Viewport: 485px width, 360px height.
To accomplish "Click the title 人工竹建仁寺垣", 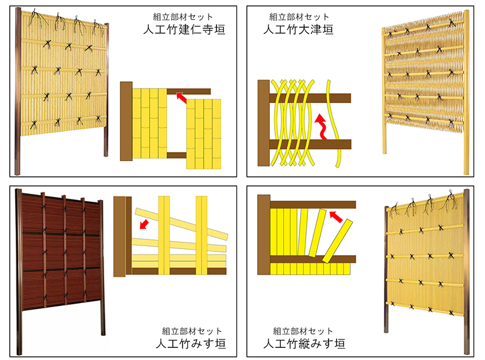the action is (x=184, y=30).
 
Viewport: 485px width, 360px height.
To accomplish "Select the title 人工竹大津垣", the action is (x=298, y=30).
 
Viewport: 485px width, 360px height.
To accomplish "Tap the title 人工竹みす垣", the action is (x=190, y=344).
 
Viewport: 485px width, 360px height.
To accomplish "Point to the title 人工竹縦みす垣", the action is (x=304, y=344).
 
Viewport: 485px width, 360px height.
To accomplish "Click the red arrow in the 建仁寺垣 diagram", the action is (x=181, y=98).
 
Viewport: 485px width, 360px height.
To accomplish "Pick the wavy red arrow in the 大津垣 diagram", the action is (x=321, y=127).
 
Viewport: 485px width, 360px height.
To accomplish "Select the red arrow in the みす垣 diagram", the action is (x=144, y=224).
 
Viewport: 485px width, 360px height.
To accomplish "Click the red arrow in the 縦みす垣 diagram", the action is (x=336, y=216).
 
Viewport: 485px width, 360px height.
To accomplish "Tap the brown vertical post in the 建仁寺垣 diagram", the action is (x=126, y=121).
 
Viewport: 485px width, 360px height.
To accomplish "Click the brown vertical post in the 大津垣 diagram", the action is (x=264, y=123).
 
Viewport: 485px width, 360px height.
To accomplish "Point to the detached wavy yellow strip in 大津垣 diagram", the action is (x=333, y=124).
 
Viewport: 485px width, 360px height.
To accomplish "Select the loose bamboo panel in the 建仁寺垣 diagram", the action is (x=204, y=134).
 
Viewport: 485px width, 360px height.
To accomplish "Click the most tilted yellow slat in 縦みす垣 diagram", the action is (x=338, y=241).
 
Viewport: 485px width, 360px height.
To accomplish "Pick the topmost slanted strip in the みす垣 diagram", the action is (x=181, y=224).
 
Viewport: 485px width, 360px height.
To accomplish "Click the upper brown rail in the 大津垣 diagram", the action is (x=310, y=98).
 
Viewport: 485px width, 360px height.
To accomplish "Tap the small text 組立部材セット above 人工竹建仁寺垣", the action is (x=183, y=17).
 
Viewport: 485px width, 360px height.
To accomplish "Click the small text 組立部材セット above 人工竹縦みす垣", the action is (x=303, y=332).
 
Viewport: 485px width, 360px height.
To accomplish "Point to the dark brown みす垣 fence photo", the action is (x=61, y=272).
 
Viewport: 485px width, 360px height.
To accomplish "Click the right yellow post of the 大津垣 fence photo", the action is (x=466, y=92).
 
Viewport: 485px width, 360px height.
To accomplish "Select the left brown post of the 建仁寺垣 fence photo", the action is (x=18, y=92).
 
